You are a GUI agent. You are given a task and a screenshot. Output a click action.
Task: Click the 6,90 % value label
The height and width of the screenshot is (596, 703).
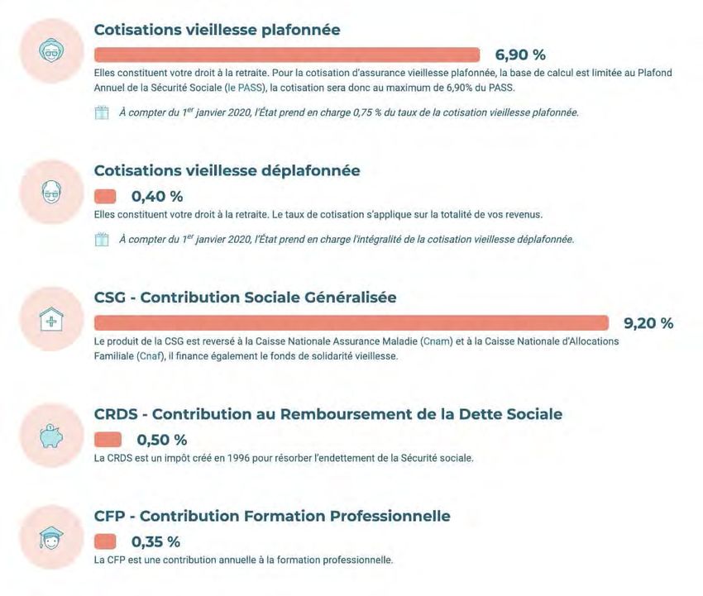pos(520,55)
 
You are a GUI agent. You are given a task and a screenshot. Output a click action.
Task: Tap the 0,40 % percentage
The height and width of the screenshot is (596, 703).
pos(157,197)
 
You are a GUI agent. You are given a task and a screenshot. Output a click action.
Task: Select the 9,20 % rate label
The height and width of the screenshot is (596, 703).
pos(648,323)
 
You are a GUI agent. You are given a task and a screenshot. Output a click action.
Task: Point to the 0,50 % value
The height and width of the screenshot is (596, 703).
pos(162,439)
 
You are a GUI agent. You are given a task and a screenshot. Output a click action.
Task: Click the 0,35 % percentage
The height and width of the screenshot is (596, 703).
pos(155,542)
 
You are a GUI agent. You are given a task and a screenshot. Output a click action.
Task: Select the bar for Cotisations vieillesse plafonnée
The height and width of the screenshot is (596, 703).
pos(287,55)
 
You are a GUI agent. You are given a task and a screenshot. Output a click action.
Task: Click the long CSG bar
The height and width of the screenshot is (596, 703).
pos(351,323)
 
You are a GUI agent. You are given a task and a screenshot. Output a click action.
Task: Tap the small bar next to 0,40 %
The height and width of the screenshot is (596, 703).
pos(105,197)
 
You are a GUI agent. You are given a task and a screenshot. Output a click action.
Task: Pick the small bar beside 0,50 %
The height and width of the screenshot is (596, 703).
pos(108,439)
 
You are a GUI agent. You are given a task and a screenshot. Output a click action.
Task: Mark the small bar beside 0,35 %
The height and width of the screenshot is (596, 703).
pos(105,542)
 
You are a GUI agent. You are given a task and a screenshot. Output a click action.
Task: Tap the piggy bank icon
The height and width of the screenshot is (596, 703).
pos(52,437)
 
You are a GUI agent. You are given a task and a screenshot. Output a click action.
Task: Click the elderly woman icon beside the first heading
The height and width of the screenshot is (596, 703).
pos(52,51)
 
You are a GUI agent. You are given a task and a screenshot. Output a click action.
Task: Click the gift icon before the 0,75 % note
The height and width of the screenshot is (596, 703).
pos(102,113)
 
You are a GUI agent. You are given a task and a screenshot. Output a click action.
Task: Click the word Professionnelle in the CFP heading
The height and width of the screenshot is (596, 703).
pos(390,517)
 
